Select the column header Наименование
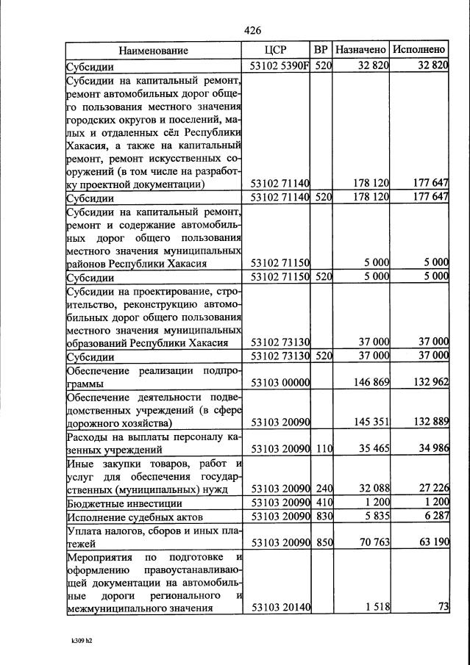tap(153, 51)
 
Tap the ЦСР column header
tap(277, 51)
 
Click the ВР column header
tap(321, 51)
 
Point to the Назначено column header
tap(360, 51)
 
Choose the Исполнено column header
tap(419, 51)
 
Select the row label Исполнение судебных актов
tap(129, 517)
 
